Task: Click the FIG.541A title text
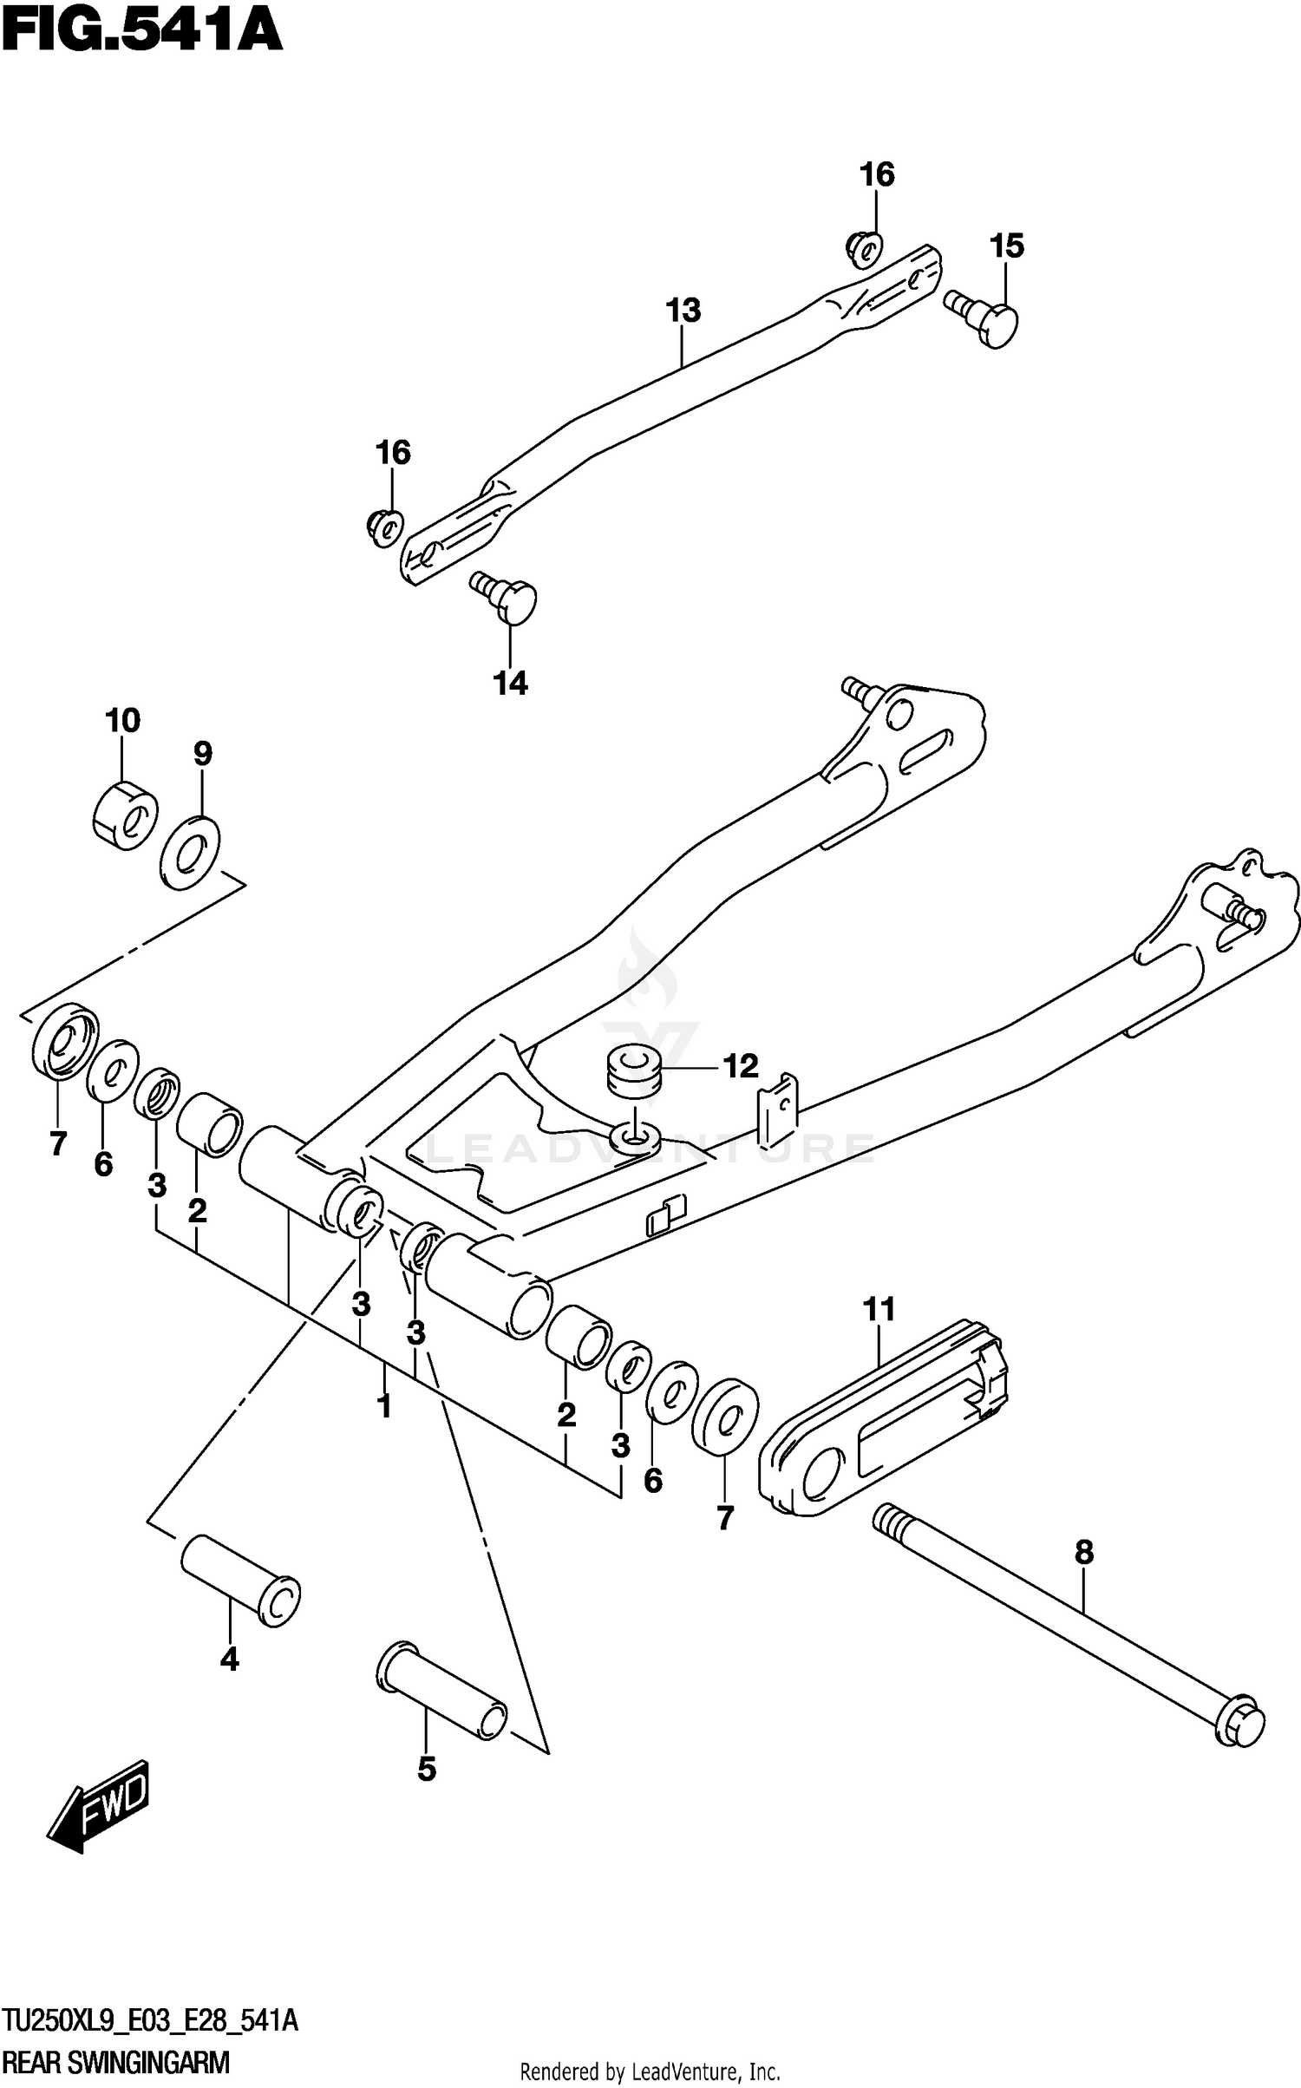pyautogui.click(x=142, y=31)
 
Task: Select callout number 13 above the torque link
pyautogui.click(x=683, y=311)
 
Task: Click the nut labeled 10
pyautogui.click(x=124, y=815)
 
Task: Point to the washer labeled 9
pyautogui.click(x=191, y=852)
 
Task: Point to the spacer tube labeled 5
pyautogui.click(x=442, y=1691)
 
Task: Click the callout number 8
pyautogui.click(x=1084, y=1552)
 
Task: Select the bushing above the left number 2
pyautogui.click(x=209, y=1125)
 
